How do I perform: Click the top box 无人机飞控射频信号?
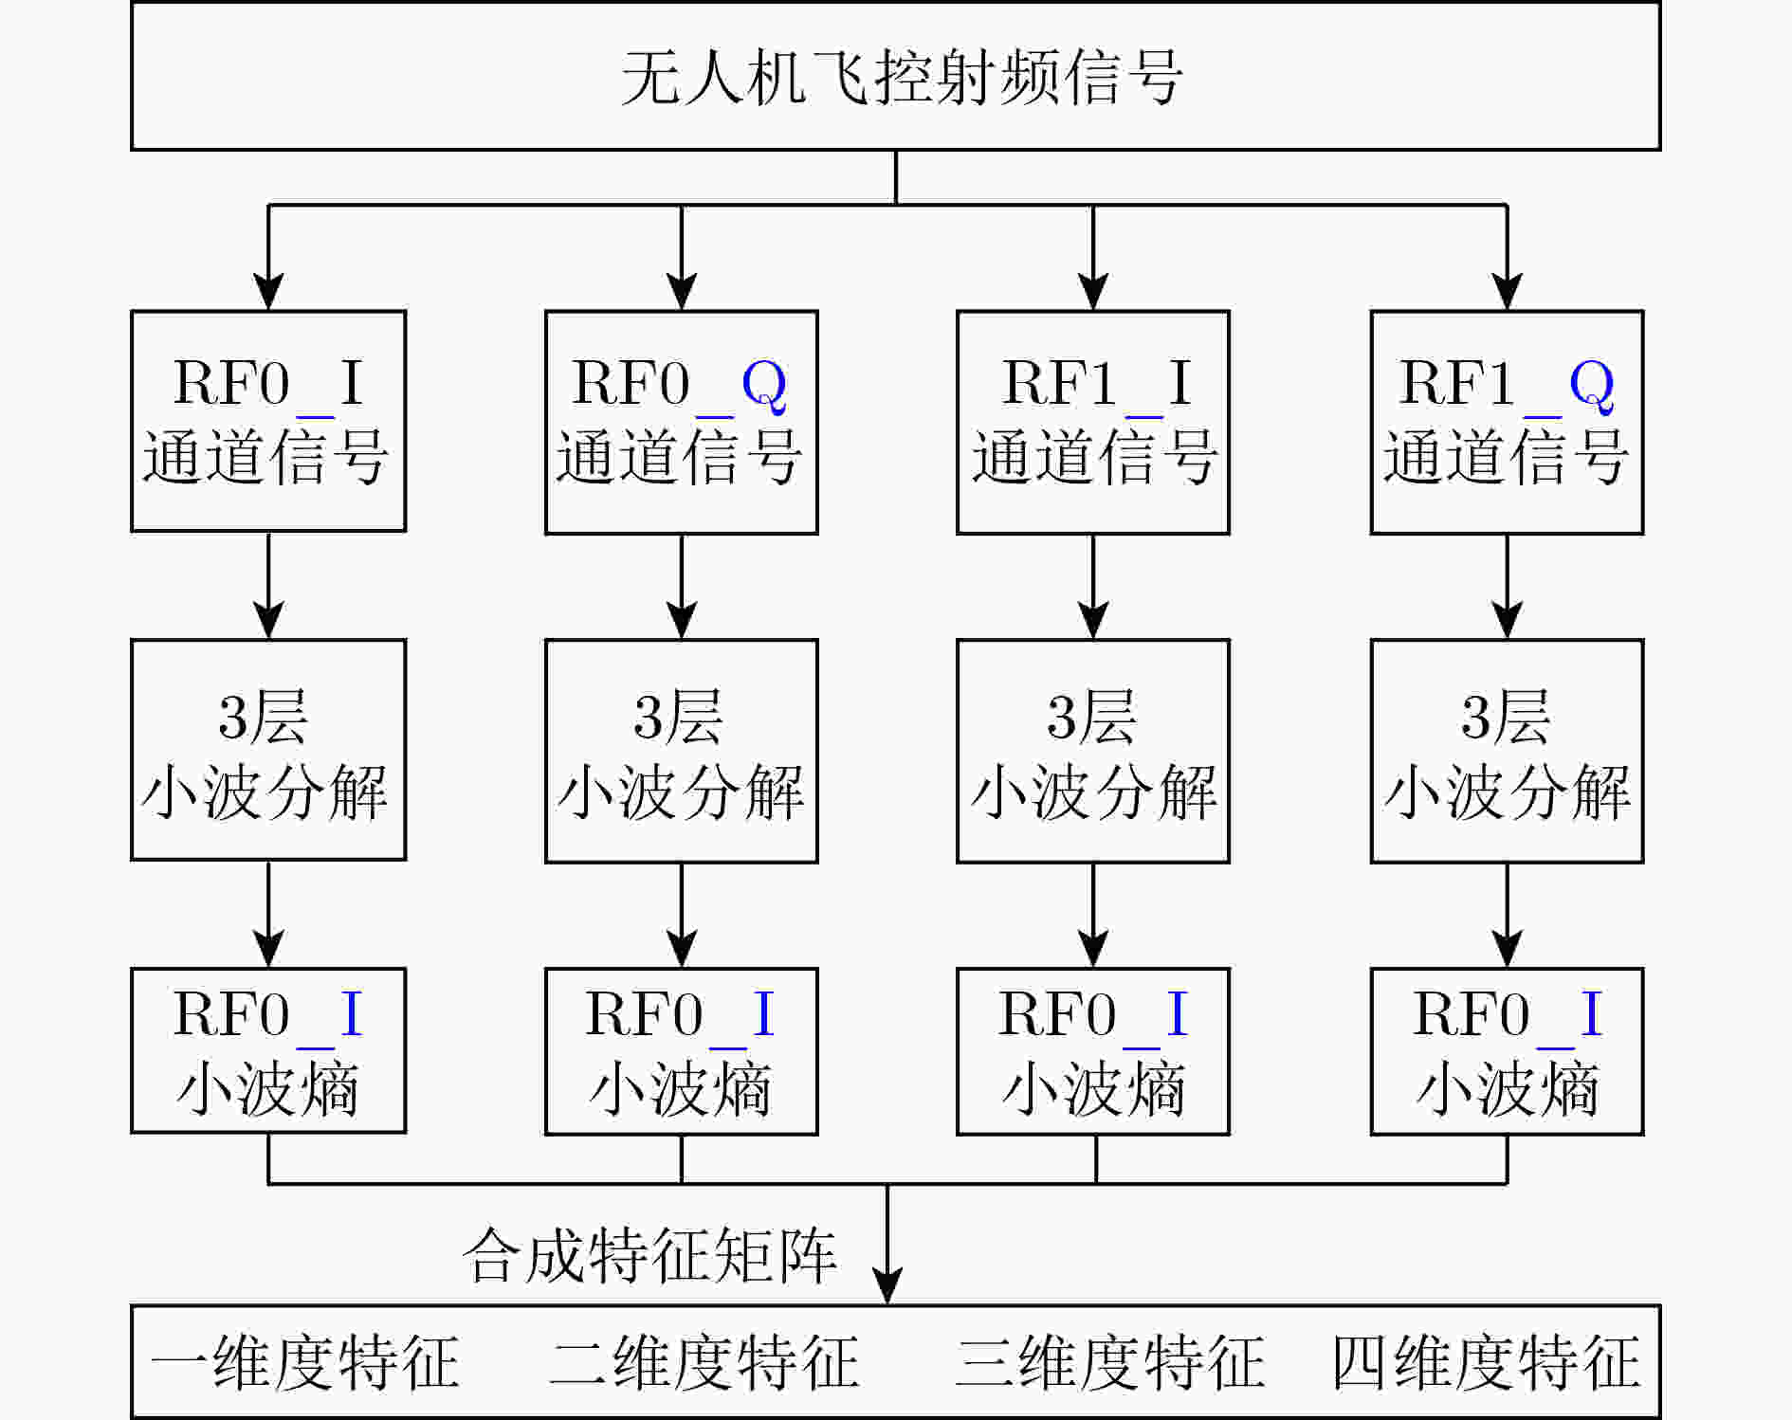click(x=895, y=76)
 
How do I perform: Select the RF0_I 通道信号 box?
click(x=268, y=421)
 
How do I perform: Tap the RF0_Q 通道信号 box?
click(x=681, y=422)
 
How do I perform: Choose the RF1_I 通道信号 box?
click(x=1093, y=422)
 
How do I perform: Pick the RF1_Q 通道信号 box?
click(x=1507, y=422)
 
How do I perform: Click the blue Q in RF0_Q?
click(x=763, y=385)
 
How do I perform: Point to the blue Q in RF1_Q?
click(x=1591, y=385)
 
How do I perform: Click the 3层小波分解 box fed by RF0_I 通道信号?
click(x=268, y=750)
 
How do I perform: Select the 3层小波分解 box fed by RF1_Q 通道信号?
click(x=1507, y=751)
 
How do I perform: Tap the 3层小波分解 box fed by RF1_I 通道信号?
click(x=1093, y=751)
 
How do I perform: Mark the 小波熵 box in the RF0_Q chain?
click(x=681, y=1051)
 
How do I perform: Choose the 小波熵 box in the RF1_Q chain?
click(x=1507, y=1051)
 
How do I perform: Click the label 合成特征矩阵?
click(x=649, y=1255)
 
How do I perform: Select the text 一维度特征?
click(x=305, y=1362)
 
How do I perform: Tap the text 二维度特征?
click(x=704, y=1362)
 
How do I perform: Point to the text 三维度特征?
click(x=1110, y=1362)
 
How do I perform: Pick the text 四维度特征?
click(x=1486, y=1362)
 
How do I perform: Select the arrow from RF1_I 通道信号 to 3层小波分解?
click(x=1093, y=587)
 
